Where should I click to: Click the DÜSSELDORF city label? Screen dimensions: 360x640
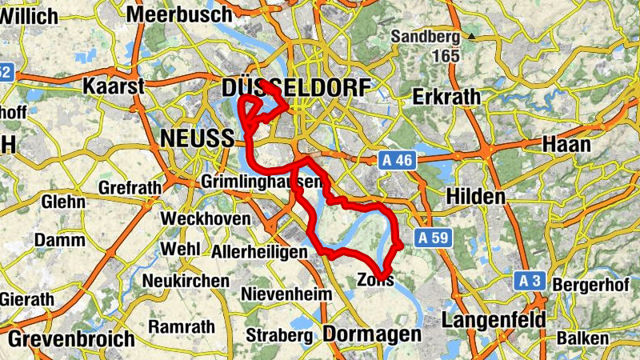click(x=298, y=86)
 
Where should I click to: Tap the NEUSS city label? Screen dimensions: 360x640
click(x=196, y=138)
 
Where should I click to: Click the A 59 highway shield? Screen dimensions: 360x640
click(x=433, y=238)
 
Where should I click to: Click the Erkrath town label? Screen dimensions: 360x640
click(x=447, y=97)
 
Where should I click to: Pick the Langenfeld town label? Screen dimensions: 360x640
click(x=494, y=320)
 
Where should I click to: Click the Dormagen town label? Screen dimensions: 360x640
click(x=372, y=334)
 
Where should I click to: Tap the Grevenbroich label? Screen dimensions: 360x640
click(x=71, y=338)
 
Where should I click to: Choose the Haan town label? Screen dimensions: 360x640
click(x=566, y=145)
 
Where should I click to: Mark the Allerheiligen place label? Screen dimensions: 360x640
click(x=260, y=252)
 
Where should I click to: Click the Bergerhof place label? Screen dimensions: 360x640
click(x=582, y=286)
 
